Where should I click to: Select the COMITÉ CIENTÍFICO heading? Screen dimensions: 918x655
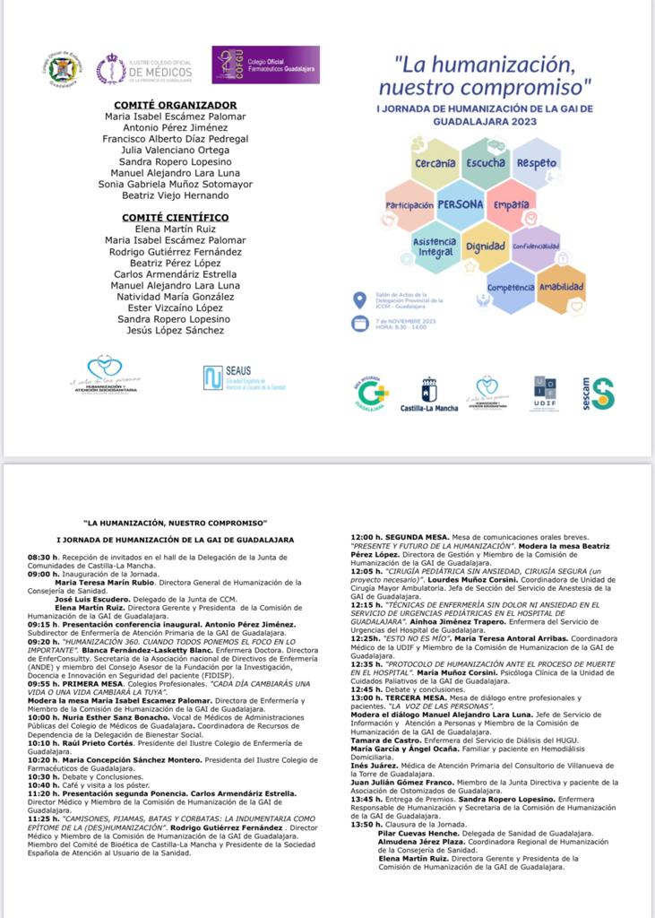(175, 218)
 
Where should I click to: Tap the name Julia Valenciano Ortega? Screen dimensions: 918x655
(175, 151)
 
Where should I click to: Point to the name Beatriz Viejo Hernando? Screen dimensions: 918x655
(175, 195)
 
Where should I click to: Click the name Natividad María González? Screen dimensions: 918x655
(175, 297)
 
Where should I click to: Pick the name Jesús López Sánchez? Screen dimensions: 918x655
(175, 331)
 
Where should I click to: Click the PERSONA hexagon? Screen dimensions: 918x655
(460, 204)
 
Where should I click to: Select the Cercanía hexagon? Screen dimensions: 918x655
(435, 164)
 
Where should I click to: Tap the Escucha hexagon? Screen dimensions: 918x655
(485, 164)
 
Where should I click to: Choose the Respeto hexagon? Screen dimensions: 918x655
(537, 164)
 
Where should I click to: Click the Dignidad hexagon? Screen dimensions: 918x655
(485, 247)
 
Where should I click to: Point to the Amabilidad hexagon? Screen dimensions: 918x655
(562, 288)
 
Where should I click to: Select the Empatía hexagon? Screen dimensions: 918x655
(512, 205)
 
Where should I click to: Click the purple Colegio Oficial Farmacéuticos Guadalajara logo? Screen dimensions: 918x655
(266, 65)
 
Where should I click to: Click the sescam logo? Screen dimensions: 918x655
(597, 394)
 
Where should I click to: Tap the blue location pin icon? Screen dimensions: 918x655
(360, 300)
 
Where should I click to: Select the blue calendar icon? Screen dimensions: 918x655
(360, 325)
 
